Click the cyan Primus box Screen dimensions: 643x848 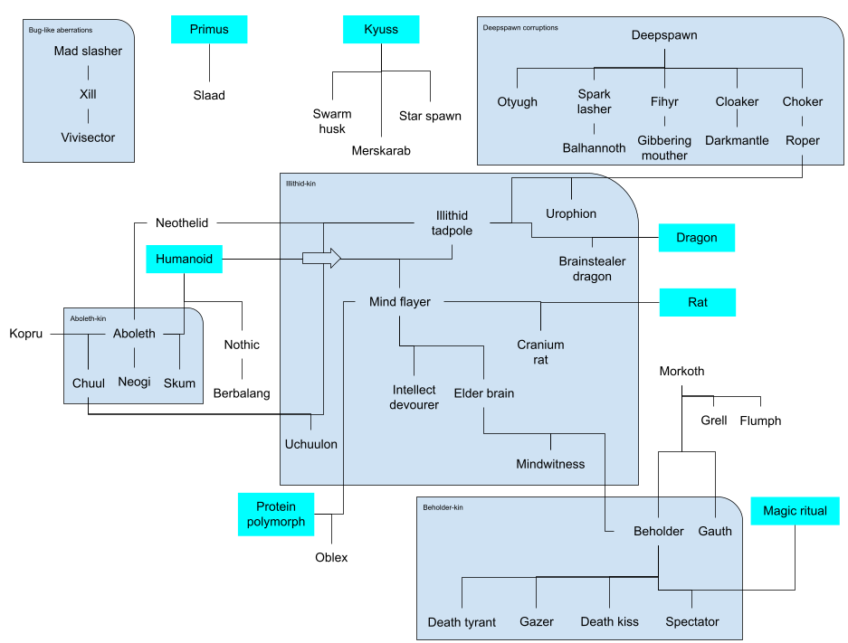[x=209, y=29]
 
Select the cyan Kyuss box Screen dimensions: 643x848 [x=381, y=29]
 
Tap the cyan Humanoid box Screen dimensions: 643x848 [x=184, y=260]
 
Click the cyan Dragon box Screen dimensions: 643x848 [x=696, y=238]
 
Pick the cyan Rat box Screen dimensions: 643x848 [x=697, y=302]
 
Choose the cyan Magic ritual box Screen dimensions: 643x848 [x=795, y=511]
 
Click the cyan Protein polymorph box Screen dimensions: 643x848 [x=276, y=515]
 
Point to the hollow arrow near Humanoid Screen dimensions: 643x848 [x=321, y=259]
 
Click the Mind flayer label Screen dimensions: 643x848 [x=400, y=302]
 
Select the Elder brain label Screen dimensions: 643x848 [x=484, y=393]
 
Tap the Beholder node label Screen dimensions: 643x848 [x=659, y=531]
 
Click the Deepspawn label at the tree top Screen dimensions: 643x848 [x=664, y=35]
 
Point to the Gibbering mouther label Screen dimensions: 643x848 [x=664, y=147]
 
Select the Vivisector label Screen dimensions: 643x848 [x=88, y=137]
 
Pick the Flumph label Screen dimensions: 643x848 [x=760, y=421]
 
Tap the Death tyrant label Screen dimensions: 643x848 [x=462, y=622]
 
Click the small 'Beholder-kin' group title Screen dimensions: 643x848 [x=443, y=507]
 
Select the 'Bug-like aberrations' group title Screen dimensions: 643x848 [x=60, y=30]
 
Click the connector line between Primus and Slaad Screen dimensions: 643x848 [x=209, y=61]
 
